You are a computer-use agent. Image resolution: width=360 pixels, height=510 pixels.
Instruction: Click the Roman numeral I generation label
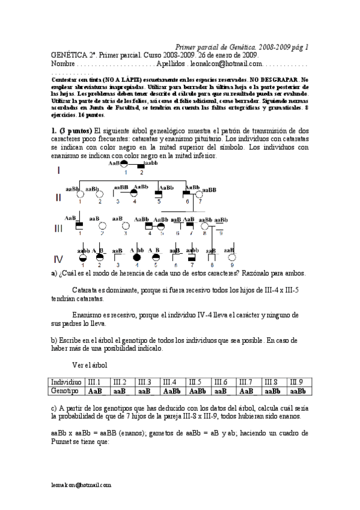58,170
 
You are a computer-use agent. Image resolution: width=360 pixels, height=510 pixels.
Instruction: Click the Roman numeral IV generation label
58,259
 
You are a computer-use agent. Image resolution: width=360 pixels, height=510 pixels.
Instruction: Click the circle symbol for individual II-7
201,194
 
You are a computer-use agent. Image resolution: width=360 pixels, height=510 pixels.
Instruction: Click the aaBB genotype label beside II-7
209,189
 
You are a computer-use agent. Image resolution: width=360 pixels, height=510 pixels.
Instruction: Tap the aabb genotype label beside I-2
151,162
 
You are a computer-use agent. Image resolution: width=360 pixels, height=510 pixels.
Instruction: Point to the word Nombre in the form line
64,63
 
